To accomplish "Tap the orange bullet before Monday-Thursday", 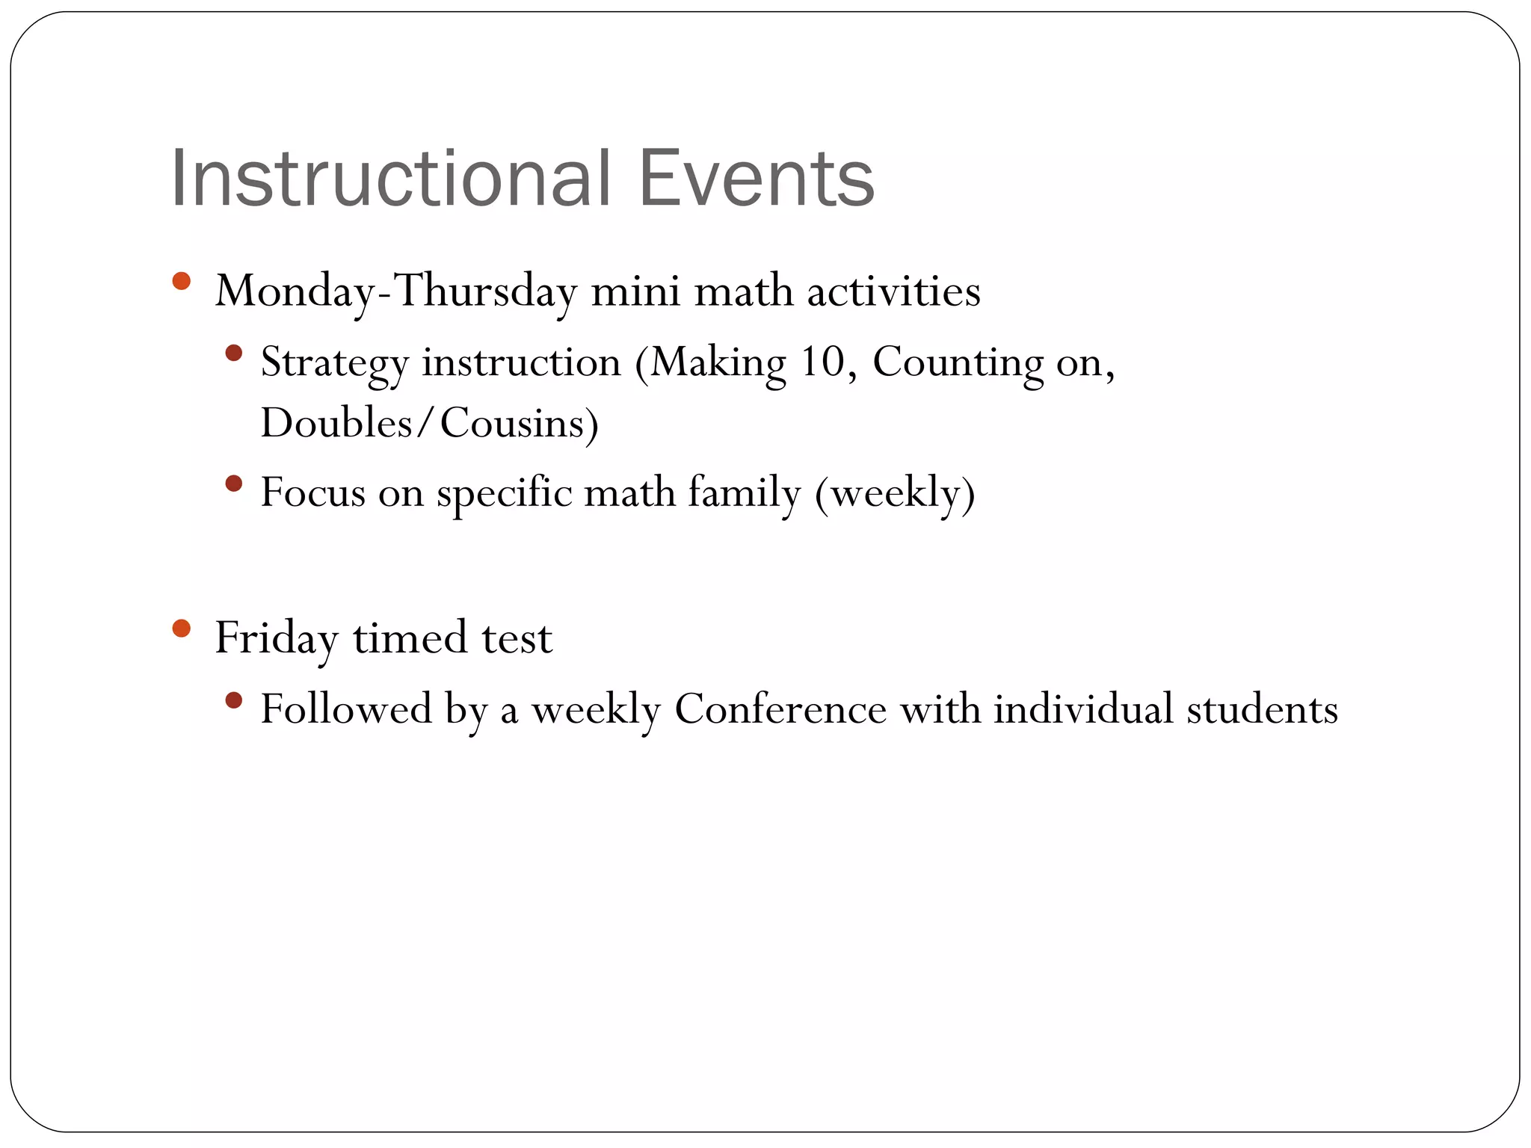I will (181, 282).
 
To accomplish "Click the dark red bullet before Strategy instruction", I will (234, 353).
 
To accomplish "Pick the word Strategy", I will (334, 363).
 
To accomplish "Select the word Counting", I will (958, 363).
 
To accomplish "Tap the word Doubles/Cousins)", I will (430, 423).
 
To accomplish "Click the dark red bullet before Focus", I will (234, 484).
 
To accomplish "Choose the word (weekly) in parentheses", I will (895, 493).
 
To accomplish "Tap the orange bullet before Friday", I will (181, 628).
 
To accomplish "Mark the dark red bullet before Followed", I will (234, 700).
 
